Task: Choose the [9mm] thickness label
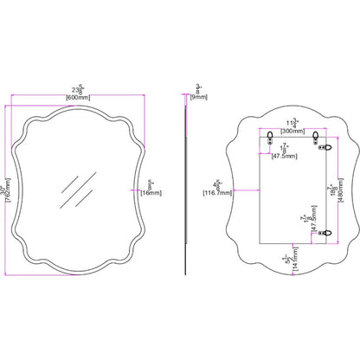[x=200, y=97]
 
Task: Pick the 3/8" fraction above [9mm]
[x=200, y=87]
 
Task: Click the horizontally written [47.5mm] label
[x=285, y=157]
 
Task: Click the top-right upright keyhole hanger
[x=318, y=138]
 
